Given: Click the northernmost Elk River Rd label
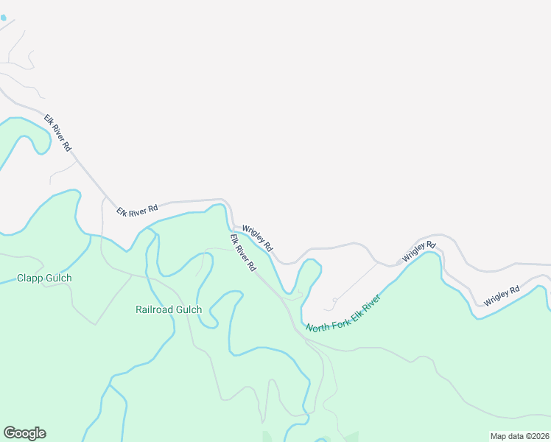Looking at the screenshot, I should click(x=57, y=133).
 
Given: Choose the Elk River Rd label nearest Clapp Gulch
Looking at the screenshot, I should click(x=137, y=210).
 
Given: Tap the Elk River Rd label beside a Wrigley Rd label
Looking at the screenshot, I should click(x=242, y=252).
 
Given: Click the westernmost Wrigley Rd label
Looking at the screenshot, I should click(x=258, y=239).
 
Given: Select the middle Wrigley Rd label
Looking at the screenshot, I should click(x=419, y=252).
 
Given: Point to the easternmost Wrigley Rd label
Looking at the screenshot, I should click(x=502, y=296).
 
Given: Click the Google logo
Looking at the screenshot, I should click(x=24, y=433).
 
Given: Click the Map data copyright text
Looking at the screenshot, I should click(x=519, y=436).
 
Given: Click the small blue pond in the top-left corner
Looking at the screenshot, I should click(x=3, y=16).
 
